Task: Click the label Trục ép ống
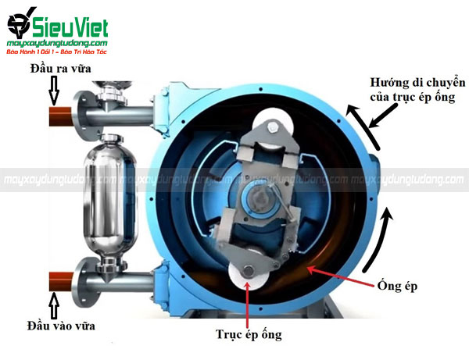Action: pyautogui.click(x=249, y=336)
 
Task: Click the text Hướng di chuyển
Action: pyautogui.click(x=419, y=83)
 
